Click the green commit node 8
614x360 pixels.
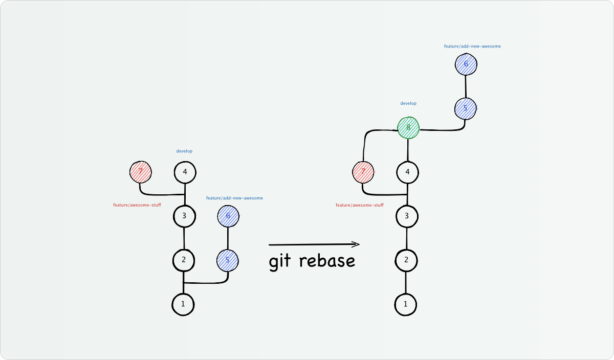pos(408,128)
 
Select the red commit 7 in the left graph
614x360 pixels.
pos(141,172)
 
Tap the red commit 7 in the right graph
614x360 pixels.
pos(363,172)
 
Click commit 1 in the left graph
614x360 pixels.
pos(183,305)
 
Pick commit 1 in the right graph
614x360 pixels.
pos(406,305)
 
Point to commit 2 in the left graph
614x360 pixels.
pos(184,260)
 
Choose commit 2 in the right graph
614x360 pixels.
pos(406,260)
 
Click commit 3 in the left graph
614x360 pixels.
pos(184,216)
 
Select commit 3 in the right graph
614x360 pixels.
pos(407,216)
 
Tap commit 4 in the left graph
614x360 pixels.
pos(185,172)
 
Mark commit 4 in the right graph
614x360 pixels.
pos(407,172)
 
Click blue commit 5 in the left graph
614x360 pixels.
pos(228,260)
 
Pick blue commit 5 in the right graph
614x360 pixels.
pos(466,108)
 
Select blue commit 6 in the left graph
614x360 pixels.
pos(228,216)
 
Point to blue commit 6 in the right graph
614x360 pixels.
pos(466,64)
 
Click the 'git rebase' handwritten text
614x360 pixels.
pos(312,261)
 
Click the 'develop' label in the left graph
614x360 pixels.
pos(184,151)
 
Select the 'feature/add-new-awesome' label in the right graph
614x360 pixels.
pos(472,46)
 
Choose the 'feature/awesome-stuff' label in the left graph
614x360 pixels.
pos(137,205)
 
